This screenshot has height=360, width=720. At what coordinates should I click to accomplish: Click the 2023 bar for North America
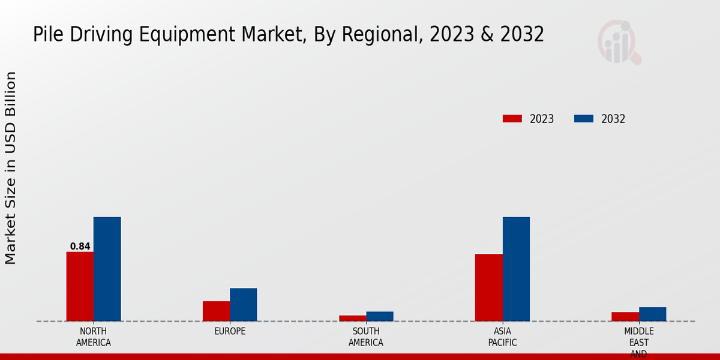(x=80, y=286)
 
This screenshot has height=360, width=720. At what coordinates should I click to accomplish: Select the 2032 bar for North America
(x=107, y=269)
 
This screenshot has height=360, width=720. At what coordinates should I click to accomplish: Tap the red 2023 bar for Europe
(x=216, y=311)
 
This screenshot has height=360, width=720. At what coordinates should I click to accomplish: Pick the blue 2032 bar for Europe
(x=243, y=304)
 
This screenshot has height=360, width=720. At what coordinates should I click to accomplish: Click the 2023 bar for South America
(x=352, y=318)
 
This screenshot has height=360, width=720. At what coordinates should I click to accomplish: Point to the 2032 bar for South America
(x=380, y=316)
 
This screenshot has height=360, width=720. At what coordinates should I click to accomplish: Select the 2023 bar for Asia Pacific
(x=488, y=287)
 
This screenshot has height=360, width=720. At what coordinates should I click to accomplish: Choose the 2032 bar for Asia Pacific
(x=516, y=269)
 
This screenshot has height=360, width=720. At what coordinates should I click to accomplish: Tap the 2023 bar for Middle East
(x=625, y=316)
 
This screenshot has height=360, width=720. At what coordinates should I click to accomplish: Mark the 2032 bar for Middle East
(x=652, y=314)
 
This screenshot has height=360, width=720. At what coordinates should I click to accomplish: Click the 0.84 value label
(x=80, y=246)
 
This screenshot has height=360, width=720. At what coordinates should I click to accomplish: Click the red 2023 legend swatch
(x=512, y=119)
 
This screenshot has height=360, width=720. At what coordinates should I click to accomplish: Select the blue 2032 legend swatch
(x=584, y=119)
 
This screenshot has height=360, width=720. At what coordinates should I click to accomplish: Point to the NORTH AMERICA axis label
(x=93, y=337)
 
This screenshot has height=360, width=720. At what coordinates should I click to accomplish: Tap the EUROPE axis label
(x=230, y=331)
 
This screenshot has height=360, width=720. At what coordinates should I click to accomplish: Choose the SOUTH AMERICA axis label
(x=366, y=337)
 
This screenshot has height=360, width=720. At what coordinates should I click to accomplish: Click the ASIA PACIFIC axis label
(x=502, y=337)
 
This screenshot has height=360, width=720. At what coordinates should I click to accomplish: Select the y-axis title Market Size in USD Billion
(x=11, y=168)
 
